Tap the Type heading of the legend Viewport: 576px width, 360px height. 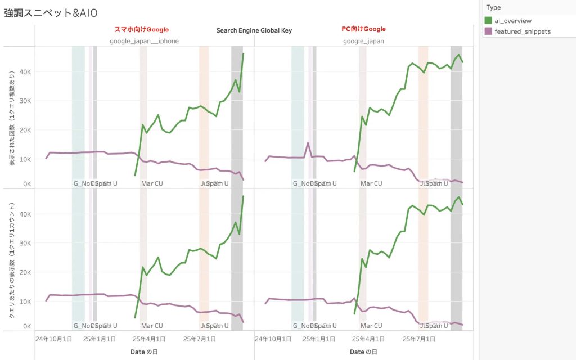(493, 7)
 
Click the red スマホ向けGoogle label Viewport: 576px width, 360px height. (145, 29)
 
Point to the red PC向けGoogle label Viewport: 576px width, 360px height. (363, 29)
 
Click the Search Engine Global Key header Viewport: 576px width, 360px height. (254, 30)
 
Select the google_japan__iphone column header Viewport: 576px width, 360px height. (144, 41)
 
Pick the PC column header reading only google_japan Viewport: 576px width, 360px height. (363, 41)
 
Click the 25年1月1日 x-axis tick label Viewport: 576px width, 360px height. (100, 339)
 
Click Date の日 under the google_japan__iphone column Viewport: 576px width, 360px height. (144, 352)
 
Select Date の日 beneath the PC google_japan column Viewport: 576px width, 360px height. (363, 352)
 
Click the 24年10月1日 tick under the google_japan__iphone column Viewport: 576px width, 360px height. (53, 339)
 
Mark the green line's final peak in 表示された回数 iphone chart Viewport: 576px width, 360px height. (243, 54)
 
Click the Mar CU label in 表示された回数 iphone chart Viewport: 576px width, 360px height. (152, 183)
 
